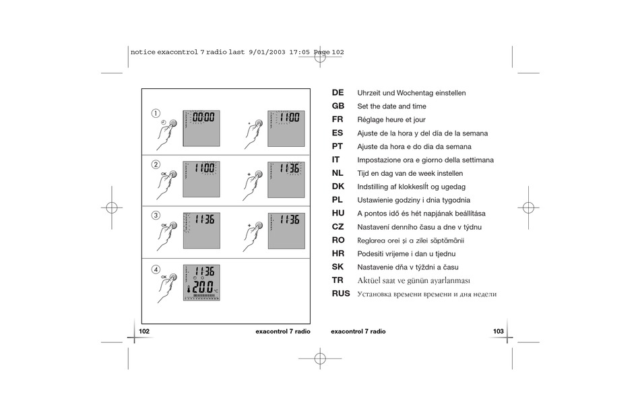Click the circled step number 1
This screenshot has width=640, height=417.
click(156, 113)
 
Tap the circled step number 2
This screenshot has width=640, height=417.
click(156, 164)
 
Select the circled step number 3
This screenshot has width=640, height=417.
click(156, 216)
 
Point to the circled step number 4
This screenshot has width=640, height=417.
click(156, 269)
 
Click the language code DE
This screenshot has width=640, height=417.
click(338, 92)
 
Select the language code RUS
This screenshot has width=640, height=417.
click(341, 294)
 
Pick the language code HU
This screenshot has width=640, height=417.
click(338, 213)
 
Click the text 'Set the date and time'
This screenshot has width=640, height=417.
click(391, 106)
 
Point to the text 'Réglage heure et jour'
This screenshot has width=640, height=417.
click(391, 120)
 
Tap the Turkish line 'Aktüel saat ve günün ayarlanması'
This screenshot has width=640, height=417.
click(414, 280)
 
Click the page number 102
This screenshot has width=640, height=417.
click(144, 331)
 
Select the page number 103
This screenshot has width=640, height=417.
click(499, 331)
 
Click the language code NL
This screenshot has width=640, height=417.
click(338, 173)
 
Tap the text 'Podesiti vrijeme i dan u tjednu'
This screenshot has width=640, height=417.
click(406, 254)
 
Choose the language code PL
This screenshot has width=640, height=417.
click(338, 199)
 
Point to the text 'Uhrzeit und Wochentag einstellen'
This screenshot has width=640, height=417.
click(411, 93)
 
